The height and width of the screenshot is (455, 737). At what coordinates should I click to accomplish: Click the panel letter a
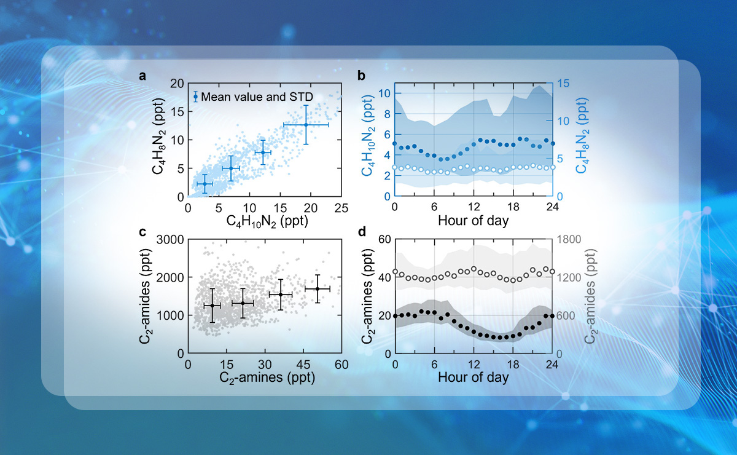[x=142, y=76]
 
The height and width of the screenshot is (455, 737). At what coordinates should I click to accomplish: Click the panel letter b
[x=362, y=76]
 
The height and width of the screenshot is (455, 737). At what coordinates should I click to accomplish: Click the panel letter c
[x=142, y=232]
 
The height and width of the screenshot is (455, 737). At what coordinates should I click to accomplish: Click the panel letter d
[x=362, y=232]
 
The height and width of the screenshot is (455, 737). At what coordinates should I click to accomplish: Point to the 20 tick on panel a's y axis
[x=177, y=84]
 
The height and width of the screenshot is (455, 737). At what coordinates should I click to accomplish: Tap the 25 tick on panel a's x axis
[x=341, y=208]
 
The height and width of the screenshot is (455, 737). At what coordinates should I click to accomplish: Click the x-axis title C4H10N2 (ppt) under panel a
[x=264, y=221]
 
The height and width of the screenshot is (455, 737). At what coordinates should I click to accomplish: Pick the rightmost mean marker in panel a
[x=305, y=125]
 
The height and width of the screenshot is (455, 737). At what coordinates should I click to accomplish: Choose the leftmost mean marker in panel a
[x=204, y=184]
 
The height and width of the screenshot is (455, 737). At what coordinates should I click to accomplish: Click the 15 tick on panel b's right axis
[x=563, y=84]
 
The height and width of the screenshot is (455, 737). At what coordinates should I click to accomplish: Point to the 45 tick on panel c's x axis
[x=303, y=364]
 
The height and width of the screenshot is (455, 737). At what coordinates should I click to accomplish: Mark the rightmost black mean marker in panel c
[x=317, y=288]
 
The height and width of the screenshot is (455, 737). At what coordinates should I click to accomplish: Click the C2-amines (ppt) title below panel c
[x=264, y=378]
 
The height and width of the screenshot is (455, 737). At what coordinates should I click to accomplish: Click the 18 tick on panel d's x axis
[x=512, y=364]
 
